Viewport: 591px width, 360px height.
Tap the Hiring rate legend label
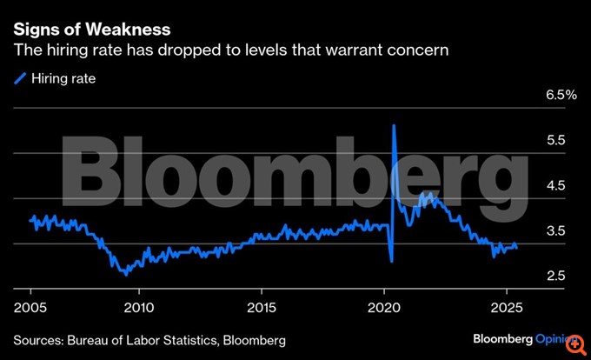(63, 78)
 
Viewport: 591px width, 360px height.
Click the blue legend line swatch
(21, 78)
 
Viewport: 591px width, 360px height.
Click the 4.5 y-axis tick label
(556, 186)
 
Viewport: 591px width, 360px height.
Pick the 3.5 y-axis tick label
(556, 231)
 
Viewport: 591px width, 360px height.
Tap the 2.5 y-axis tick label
(556, 277)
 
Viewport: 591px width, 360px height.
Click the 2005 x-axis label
(30, 307)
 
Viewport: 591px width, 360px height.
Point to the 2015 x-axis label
(262, 307)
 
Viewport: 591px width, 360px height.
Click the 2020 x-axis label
(384, 307)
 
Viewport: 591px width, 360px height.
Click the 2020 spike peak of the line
(395, 126)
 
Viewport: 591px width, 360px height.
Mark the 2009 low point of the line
(127, 274)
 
